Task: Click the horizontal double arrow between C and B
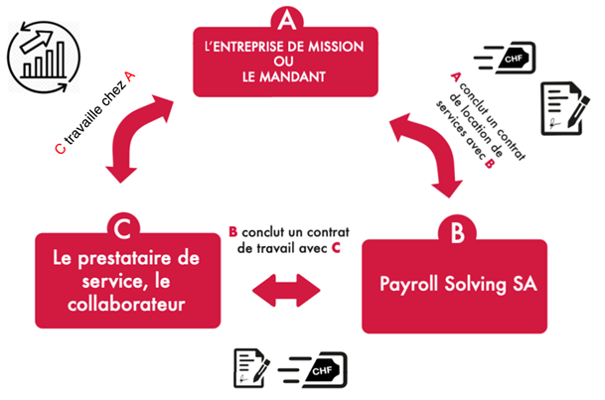point(287,292)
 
